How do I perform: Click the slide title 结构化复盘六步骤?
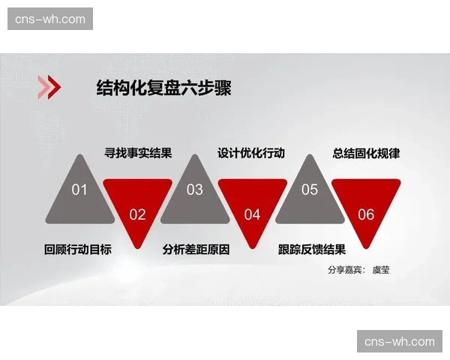pos(163,88)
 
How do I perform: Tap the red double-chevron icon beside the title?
pos(49,88)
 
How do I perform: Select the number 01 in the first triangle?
pos(79,190)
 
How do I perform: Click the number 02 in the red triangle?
pos(137,214)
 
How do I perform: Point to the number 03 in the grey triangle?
pos(194,190)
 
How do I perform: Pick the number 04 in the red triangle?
pos(252,214)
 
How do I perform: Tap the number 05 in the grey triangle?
pos(310,190)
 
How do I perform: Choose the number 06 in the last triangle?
pos(366,214)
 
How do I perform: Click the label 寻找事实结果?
pos(138,154)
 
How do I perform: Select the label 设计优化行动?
pos(251,153)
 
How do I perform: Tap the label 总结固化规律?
pos(366,153)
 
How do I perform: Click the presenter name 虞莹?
pos(381,269)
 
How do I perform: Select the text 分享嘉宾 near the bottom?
pos(344,269)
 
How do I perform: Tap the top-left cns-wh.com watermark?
pos(50,19)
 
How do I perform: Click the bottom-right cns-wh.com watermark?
pos(399,341)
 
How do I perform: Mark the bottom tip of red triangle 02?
pos(137,247)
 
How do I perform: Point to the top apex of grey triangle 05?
pos(310,156)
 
